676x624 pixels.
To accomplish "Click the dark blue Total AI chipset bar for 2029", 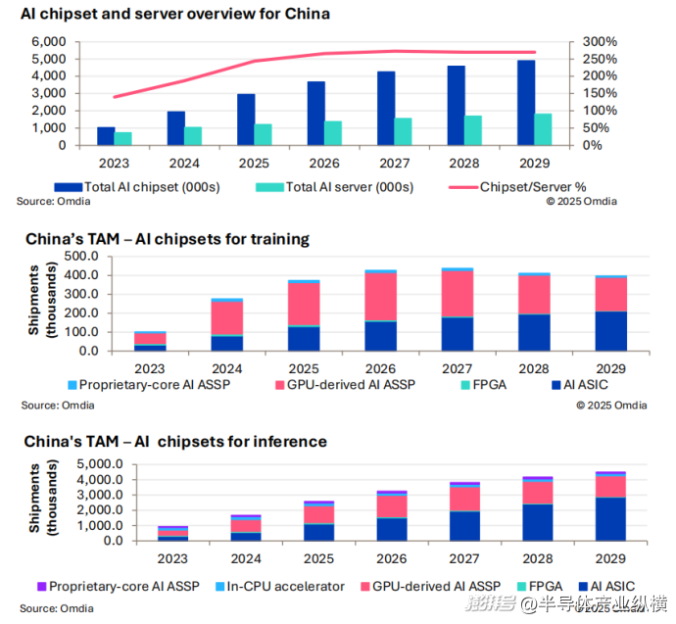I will (x=526, y=103).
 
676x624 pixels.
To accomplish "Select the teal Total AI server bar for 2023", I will (x=123, y=138).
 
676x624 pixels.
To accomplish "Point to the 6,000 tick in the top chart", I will (x=48, y=42).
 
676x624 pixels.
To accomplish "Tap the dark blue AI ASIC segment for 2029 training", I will (x=611, y=331).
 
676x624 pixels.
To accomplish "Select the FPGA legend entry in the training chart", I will (x=484, y=385).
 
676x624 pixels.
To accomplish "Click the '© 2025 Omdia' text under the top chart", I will (x=582, y=202).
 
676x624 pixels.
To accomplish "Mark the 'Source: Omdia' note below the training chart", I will (x=48, y=405).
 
